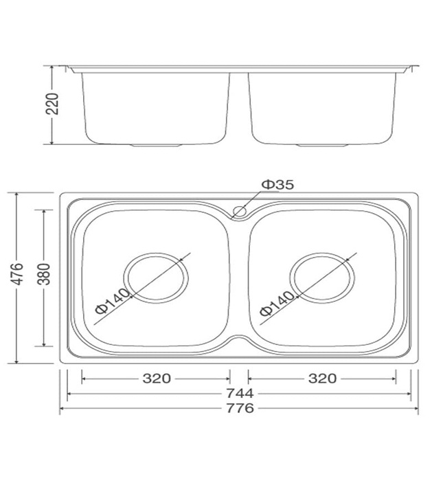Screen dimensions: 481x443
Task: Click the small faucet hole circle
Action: pyautogui.click(x=239, y=211)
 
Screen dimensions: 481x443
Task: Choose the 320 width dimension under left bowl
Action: pyautogui.click(x=157, y=378)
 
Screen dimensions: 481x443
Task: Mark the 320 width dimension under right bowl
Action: pyautogui.click(x=321, y=378)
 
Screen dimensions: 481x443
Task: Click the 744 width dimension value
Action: pyautogui.click(x=239, y=393)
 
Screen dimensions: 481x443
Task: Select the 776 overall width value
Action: pyautogui.click(x=239, y=408)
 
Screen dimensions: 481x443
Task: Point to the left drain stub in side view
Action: pyautogui.click(x=155, y=146)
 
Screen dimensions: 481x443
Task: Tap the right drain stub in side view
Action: pyautogui.click(x=323, y=146)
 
